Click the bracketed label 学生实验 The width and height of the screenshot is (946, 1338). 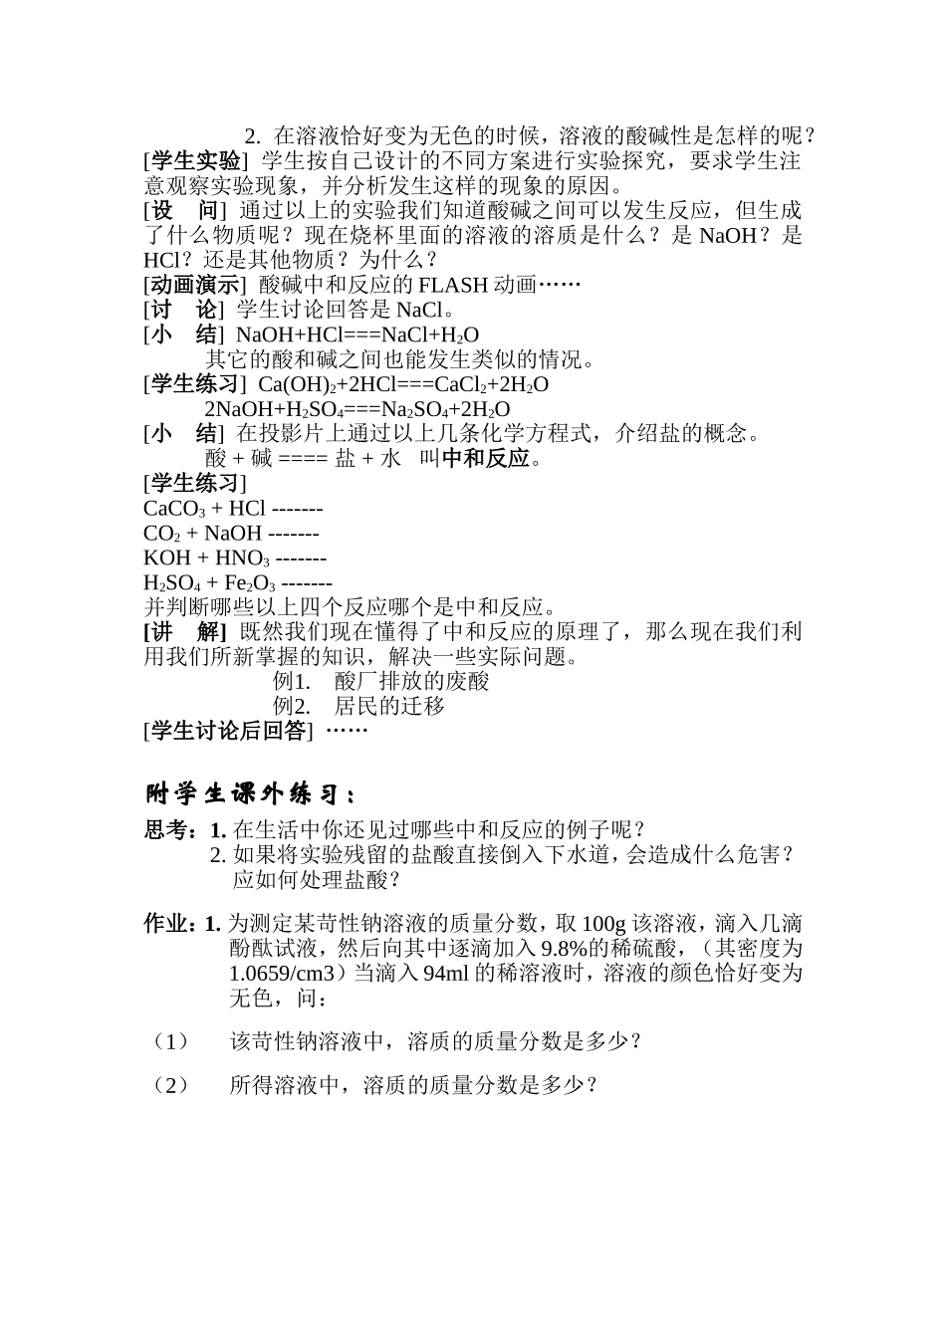point(194,161)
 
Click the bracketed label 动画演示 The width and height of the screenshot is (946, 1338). point(194,285)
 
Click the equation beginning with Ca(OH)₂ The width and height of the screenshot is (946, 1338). point(403,384)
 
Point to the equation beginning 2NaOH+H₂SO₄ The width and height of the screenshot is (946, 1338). point(357,409)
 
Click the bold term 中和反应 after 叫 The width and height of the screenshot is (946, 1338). point(486,459)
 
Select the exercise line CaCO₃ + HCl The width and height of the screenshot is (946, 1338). point(233,509)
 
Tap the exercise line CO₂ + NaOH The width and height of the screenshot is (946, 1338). point(231,534)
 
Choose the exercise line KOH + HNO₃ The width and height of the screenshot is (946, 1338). point(235,558)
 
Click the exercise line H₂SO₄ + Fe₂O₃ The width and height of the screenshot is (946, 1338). point(238,583)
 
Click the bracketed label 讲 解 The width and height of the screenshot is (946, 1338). point(186,632)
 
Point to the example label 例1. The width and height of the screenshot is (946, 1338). point(291,682)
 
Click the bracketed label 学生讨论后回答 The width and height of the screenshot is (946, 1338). point(229,732)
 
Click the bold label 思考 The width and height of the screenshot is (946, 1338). point(172,829)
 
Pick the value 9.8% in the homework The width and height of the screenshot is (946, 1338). point(567,948)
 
